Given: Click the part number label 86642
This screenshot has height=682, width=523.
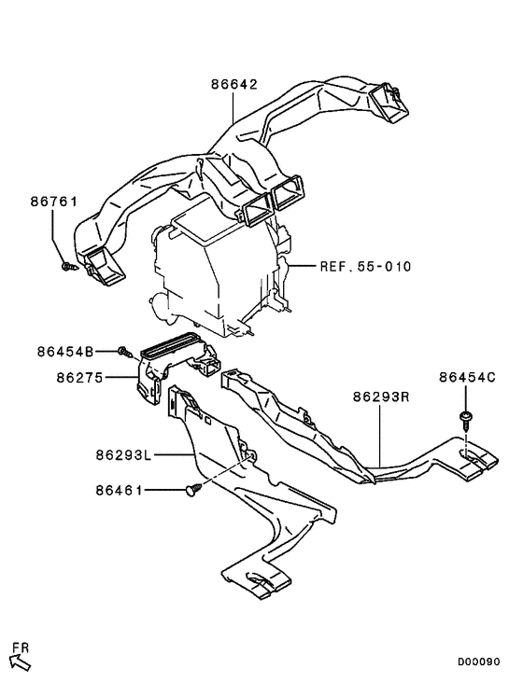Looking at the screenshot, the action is pyautogui.click(x=234, y=84).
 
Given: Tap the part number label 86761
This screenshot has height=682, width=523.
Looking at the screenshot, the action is pyautogui.click(x=53, y=202).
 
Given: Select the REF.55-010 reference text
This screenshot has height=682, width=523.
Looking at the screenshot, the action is pyautogui.click(x=365, y=266).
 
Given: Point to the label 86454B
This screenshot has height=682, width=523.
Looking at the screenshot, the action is pyautogui.click(x=65, y=352).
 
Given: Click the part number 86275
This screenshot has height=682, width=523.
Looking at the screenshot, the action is pyautogui.click(x=79, y=378).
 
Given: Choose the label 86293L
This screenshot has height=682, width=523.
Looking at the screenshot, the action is pyautogui.click(x=123, y=455).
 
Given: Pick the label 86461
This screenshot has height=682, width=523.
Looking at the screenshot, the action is pyautogui.click(x=120, y=491).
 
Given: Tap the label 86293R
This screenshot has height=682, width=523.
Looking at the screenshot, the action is pyautogui.click(x=381, y=397).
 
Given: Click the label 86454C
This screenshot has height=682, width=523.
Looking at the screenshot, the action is pyautogui.click(x=467, y=377).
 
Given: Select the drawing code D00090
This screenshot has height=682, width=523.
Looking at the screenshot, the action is pyautogui.click(x=478, y=661).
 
